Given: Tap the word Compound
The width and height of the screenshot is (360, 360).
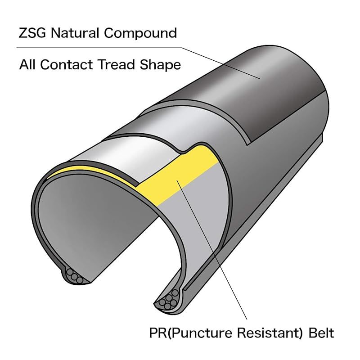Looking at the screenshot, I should click(144, 34).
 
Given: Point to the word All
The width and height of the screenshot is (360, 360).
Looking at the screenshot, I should click(27, 65).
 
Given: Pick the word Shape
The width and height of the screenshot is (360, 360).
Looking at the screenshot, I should click(160, 65).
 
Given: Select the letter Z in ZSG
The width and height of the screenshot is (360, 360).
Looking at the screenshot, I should click(23, 33).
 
